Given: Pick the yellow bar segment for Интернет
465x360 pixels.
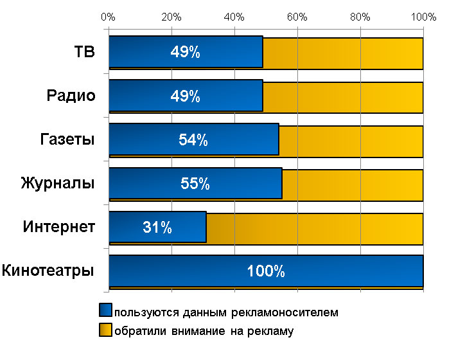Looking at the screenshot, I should coord(315,227).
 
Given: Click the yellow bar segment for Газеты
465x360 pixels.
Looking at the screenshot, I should coord(351,140).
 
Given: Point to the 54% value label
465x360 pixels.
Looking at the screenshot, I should coord(193,140).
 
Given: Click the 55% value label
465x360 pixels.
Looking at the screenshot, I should coord(195,184).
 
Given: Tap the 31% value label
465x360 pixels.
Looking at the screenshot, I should coord(157,227).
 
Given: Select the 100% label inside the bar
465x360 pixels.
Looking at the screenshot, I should coord(266,271).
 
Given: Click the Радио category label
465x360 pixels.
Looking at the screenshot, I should coord(71,96).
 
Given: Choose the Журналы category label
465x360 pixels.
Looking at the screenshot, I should coord(58,183).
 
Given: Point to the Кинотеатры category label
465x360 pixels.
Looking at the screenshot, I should coord(49,270).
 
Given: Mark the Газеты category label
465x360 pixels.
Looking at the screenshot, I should coord(63,139).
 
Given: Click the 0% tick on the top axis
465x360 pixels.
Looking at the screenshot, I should coord(109,17).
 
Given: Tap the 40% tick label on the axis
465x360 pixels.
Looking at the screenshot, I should coord(234,17).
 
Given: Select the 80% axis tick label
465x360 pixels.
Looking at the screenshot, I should coord(360,17).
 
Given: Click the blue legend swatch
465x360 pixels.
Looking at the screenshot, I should coord(105,312).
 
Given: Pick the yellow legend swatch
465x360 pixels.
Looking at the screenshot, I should coord(105,331).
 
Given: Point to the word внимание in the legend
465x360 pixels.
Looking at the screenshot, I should coord(191,332).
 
